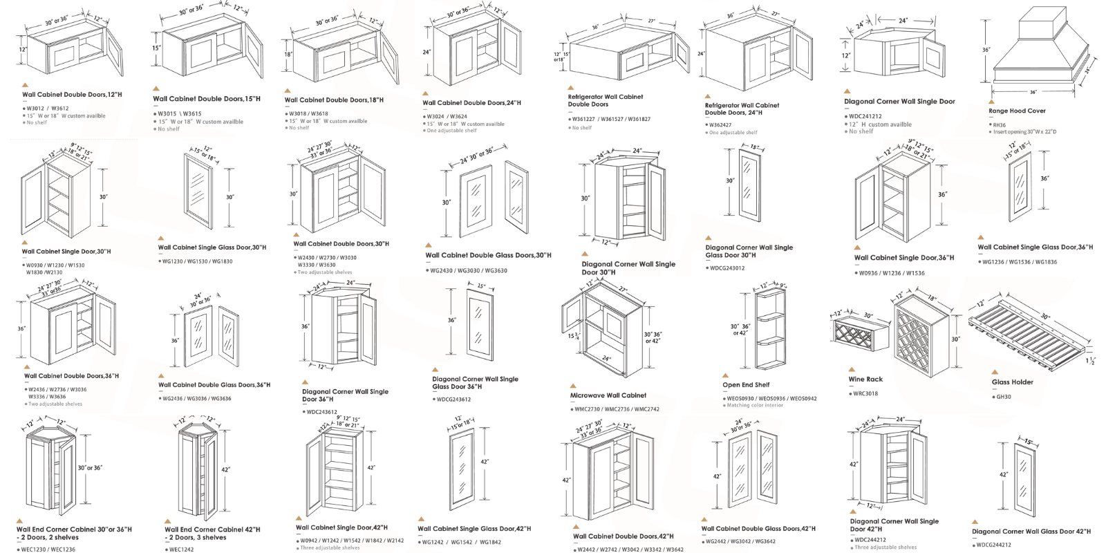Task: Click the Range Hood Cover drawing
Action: [x=1033, y=48]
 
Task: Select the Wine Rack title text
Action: [x=865, y=379]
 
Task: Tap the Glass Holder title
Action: [x=1012, y=382]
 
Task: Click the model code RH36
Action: [x=1000, y=125]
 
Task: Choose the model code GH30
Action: [x=1004, y=397]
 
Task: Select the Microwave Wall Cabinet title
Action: [x=608, y=395]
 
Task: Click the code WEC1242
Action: [x=182, y=550]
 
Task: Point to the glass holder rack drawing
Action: [x=1030, y=332]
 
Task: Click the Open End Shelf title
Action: [x=746, y=385]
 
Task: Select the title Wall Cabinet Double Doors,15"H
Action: [x=207, y=99]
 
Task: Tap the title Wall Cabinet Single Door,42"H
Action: [x=341, y=527]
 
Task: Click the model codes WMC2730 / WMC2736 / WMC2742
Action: [x=617, y=409]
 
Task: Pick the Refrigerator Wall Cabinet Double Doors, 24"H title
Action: [x=742, y=109]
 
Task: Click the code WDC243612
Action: [x=322, y=412]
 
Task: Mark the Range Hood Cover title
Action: [x=1017, y=111]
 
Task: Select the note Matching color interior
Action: [x=755, y=406]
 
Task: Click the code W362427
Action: [x=721, y=125]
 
